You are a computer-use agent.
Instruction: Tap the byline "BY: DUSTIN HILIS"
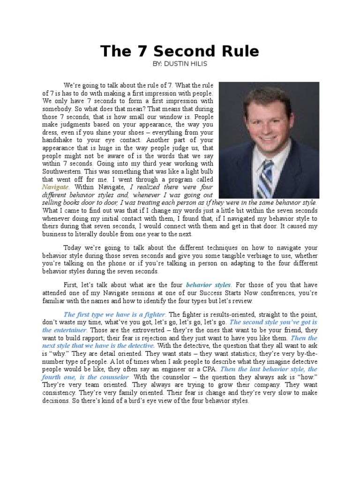click(x=180, y=63)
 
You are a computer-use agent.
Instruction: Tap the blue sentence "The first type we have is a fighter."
click(x=115, y=314)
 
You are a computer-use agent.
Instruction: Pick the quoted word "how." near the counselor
click(x=307, y=377)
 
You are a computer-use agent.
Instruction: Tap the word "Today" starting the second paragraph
click(x=73, y=247)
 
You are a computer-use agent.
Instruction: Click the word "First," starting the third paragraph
click(x=72, y=285)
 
